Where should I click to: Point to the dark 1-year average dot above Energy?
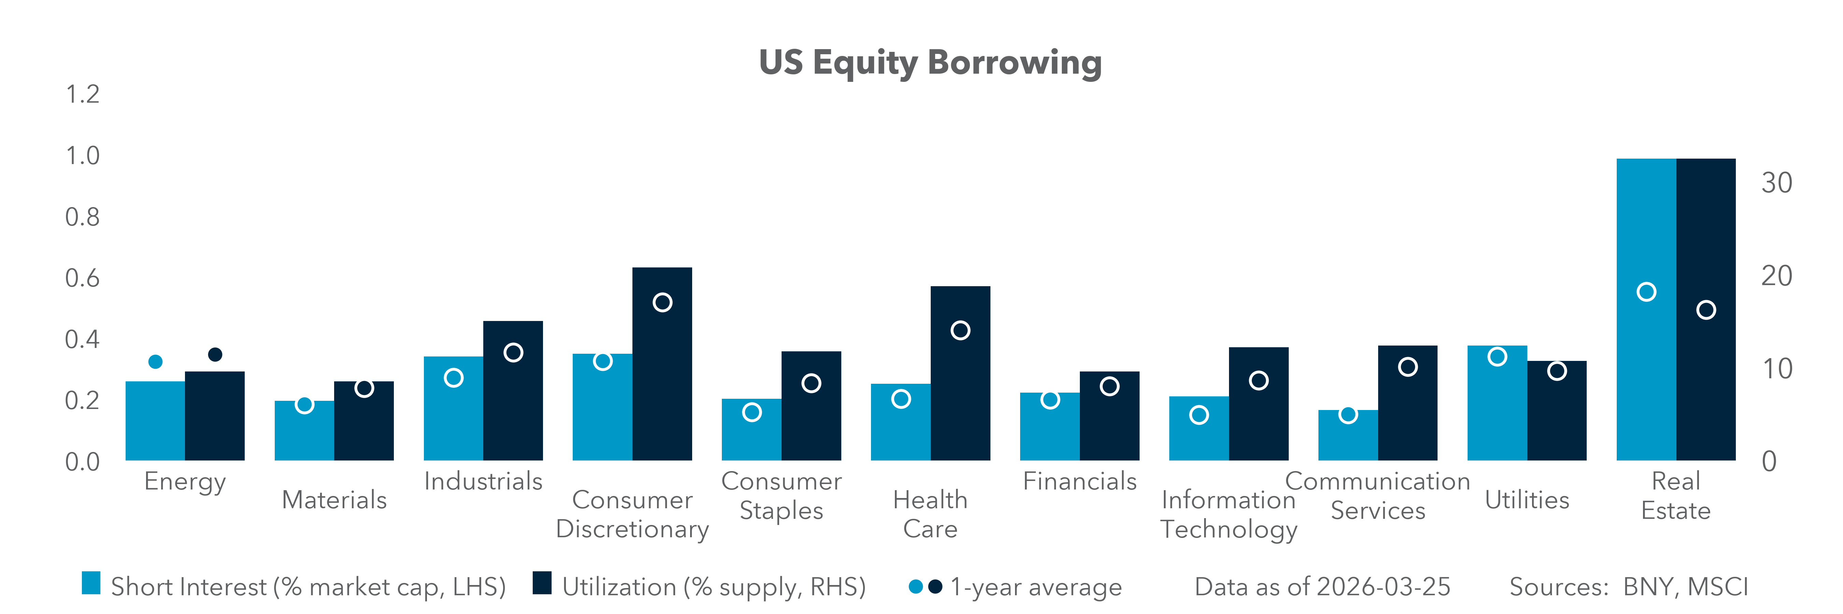point(215,354)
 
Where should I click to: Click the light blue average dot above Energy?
point(155,362)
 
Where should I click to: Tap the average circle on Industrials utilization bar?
point(513,352)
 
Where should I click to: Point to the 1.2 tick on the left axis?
point(82,94)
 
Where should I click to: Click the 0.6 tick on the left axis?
point(82,278)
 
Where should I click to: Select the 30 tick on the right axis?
point(1776,183)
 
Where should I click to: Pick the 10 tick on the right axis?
point(1776,369)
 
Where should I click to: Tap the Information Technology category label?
point(1228,515)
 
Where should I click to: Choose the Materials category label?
point(334,500)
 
